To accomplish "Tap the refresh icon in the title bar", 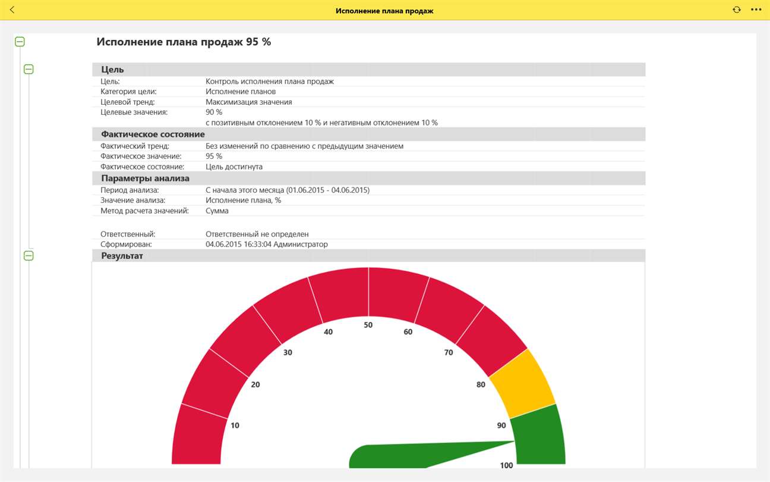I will pos(737,10).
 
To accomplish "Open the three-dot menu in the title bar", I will pos(756,10).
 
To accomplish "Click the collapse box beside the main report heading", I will pos(20,42).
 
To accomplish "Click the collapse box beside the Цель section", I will pos(29,69).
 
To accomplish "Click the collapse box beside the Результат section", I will pos(29,256).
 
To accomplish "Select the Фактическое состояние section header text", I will pos(153,134).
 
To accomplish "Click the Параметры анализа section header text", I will pos(145,178).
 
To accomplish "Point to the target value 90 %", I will pos(214,112).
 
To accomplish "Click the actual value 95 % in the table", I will pos(214,156).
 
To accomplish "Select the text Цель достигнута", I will pos(234,167).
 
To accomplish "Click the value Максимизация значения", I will pos(248,102).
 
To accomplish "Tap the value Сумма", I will pos(217,211).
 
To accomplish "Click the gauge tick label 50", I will pos(368,325).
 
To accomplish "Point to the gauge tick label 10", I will pos(235,425).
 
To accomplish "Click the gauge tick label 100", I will pos(506,465).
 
